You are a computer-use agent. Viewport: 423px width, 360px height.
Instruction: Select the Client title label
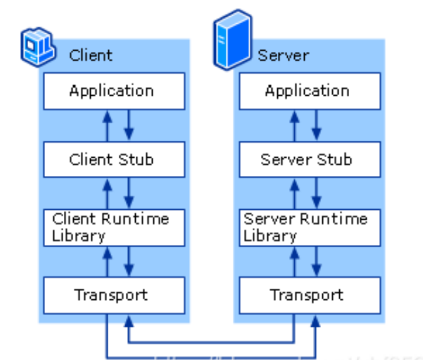click(90, 55)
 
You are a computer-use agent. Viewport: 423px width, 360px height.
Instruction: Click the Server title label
click(283, 55)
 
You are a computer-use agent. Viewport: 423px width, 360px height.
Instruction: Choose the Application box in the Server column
click(307, 91)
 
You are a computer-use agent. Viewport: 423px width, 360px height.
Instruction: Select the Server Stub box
click(307, 159)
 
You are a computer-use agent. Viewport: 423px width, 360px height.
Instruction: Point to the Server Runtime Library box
click(307, 227)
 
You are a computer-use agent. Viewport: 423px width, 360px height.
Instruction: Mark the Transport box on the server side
click(307, 294)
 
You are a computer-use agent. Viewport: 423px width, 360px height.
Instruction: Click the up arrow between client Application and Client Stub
click(106, 125)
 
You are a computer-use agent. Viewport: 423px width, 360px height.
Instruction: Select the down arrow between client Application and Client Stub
click(129, 125)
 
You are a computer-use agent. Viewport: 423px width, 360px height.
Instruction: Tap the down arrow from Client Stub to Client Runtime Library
click(129, 193)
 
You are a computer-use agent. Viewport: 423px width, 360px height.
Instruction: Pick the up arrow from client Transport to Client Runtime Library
click(106, 261)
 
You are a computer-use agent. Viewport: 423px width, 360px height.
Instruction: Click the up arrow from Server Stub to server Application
click(294, 125)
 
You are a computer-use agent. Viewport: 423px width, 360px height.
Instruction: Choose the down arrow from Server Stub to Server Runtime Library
click(317, 193)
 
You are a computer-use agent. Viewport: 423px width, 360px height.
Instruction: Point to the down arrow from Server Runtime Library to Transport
click(317, 261)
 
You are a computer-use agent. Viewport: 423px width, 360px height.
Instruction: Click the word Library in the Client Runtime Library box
click(79, 235)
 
